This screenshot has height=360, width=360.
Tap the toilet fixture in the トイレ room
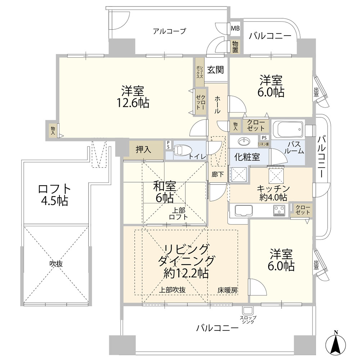point(182,150)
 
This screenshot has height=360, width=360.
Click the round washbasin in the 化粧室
point(244,141)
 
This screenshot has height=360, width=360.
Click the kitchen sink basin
point(244,210)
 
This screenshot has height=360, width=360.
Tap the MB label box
point(235,28)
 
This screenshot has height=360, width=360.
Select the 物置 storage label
point(235,47)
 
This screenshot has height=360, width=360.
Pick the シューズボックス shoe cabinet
point(199,72)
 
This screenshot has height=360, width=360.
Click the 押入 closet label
point(143,150)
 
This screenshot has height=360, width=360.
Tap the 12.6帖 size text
point(133,103)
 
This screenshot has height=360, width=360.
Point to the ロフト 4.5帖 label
point(55,195)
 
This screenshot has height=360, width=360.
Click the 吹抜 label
point(56,264)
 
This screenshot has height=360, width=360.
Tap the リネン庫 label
point(264,144)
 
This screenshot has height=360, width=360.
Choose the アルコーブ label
point(170,31)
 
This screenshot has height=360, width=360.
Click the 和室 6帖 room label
point(165,192)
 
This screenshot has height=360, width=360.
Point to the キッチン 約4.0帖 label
point(273,193)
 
